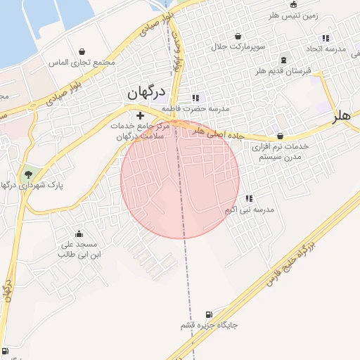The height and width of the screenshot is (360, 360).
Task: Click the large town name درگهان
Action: click(146, 93)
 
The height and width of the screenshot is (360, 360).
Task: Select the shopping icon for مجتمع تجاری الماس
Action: click(83, 51)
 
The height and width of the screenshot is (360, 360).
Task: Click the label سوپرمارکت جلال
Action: click(238, 47)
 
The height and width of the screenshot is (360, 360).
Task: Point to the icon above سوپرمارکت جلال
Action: click(238, 36)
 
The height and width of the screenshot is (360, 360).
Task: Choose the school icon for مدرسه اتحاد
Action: click(325, 38)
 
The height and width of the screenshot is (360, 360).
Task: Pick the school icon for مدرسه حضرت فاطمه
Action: click(195, 98)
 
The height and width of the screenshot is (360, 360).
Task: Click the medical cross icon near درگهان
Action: click(140, 115)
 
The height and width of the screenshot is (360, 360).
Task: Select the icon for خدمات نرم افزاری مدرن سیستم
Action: click(280, 136)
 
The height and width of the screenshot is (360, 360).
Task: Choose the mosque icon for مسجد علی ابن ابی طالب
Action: click(79, 234)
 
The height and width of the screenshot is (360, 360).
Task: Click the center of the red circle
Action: click(180, 179)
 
